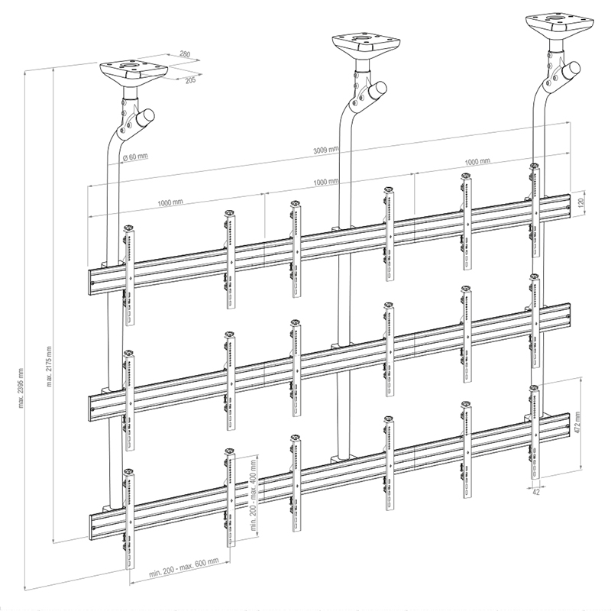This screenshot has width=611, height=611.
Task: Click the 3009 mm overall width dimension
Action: (x=326, y=149)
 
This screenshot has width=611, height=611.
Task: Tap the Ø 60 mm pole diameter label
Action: (x=135, y=157)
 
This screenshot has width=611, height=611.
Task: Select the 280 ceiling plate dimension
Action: (x=185, y=54)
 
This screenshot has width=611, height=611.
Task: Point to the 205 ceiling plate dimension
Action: (x=190, y=80)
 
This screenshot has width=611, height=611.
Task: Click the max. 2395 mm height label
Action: (x=21, y=388)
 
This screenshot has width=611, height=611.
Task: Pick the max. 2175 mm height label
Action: (x=49, y=367)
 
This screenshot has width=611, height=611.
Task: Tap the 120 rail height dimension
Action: (x=581, y=202)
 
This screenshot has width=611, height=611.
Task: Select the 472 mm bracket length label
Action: (x=577, y=423)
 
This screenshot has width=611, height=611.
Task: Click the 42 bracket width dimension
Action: (x=536, y=492)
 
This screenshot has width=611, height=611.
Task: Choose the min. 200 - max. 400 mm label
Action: (x=253, y=495)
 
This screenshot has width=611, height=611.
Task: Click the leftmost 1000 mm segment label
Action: (x=170, y=202)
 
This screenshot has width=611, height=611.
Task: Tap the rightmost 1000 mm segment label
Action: (x=477, y=161)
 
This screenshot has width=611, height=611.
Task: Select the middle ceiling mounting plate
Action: (x=367, y=44)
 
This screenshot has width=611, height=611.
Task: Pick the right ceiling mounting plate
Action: (x=560, y=25)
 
